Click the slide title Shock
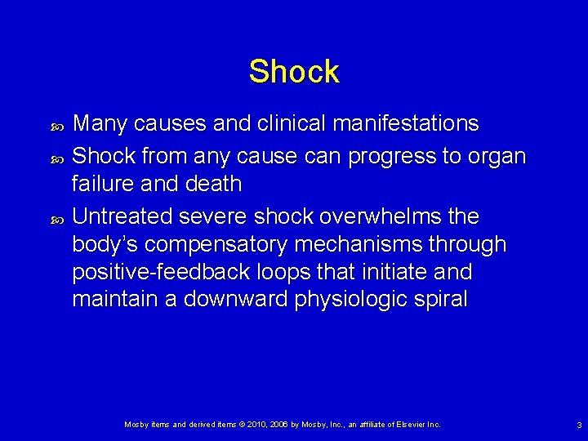coord(294,72)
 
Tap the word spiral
coord(440,300)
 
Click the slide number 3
coord(578,425)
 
